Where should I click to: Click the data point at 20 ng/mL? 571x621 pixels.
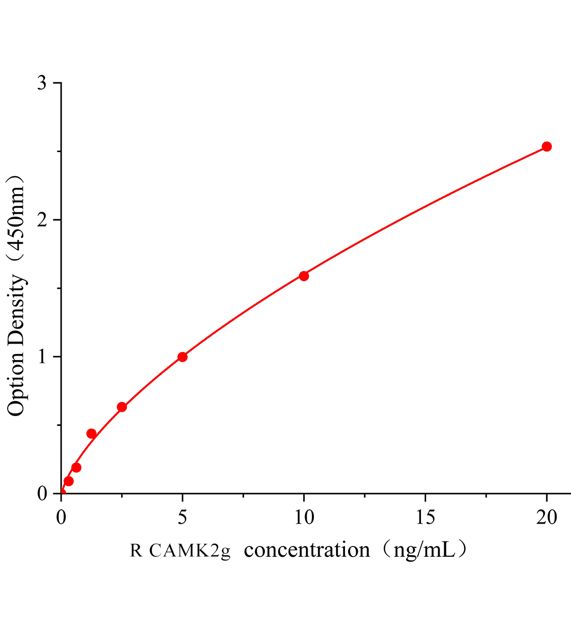tap(546, 146)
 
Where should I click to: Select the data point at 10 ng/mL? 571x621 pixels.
tap(304, 276)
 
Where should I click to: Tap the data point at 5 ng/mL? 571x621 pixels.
tap(182, 357)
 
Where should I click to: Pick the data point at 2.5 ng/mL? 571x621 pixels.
tap(122, 407)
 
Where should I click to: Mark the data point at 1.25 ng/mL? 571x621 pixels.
tap(91, 434)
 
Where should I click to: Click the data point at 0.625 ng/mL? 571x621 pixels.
tap(76, 467)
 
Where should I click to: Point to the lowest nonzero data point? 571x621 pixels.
tap(68, 481)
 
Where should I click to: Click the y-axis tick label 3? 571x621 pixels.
tap(42, 83)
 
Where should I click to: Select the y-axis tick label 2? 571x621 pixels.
tap(42, 220)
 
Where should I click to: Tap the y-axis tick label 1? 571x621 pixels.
tap(42, 357)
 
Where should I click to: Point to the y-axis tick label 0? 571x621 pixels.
tap(42, 494)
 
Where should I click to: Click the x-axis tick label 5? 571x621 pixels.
tap(182, 517)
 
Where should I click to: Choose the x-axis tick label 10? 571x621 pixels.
tap(304, 517)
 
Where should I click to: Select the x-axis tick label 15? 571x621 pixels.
tap(425, 517)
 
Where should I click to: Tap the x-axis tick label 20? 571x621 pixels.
tap(547, 517)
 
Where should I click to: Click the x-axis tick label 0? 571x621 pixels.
tap(61, 517)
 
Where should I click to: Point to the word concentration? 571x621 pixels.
tap(307, 550)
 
